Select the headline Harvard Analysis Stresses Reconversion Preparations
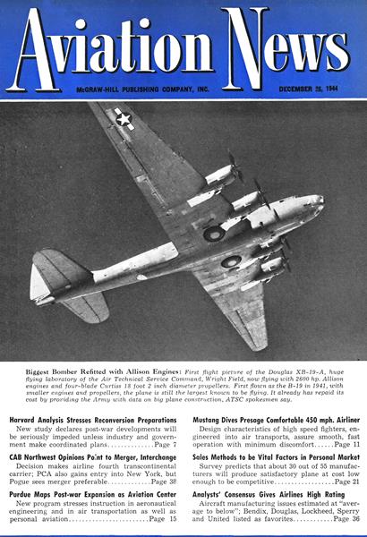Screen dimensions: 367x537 93,420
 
